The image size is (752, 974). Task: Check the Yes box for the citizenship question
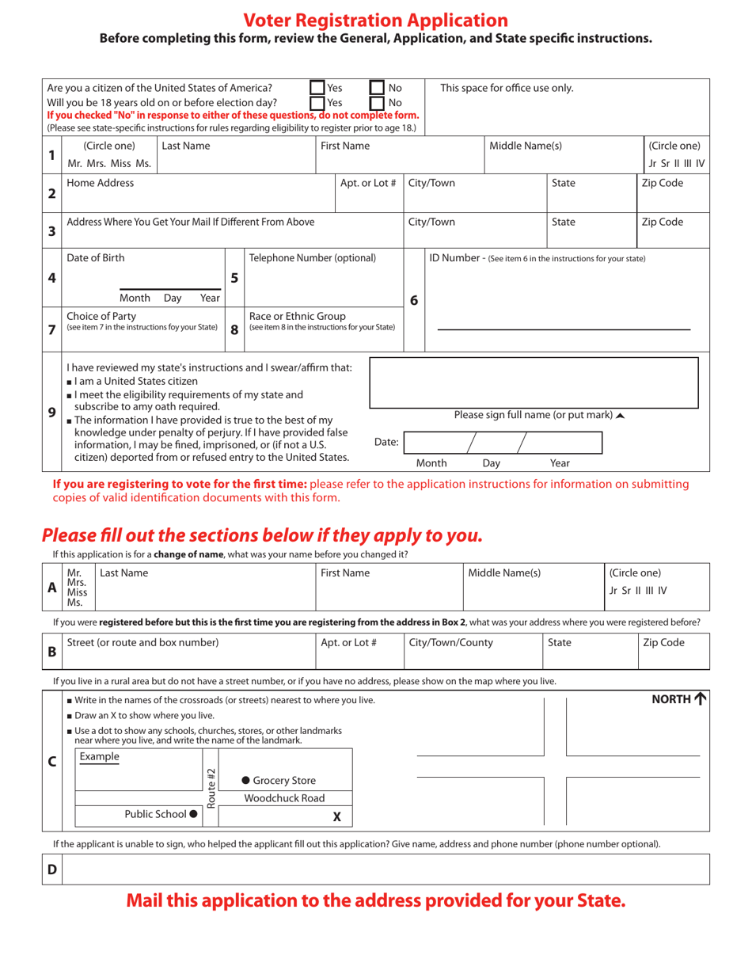coord(317,88)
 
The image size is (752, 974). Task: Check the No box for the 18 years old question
coord(378,102)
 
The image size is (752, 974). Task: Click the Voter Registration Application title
coord(375,21)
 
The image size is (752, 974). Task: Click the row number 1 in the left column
coord(51,155)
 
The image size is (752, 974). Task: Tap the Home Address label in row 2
coord(101,183)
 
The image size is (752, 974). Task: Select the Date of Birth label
coord(96,257)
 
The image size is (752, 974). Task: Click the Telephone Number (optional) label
coord(313,257)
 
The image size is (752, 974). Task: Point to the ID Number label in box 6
coord(456,257)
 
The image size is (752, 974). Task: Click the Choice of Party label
coord(101,316)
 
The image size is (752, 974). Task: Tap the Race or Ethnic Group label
coord(298,316)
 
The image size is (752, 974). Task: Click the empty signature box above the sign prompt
coord(534,382)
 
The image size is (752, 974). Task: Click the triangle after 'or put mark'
coord(620,415)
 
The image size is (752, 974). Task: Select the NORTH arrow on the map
coord(700,698)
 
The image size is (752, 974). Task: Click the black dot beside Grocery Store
coord(245,780)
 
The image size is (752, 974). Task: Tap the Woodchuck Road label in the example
coord(284,798)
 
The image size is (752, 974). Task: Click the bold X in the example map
coord(336,816)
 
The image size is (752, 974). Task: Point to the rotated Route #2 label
coord(211,788)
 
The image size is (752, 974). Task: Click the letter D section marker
coord(51,869)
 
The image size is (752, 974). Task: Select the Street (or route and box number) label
coord(142,642)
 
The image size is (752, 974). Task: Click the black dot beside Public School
coord(193,814)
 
